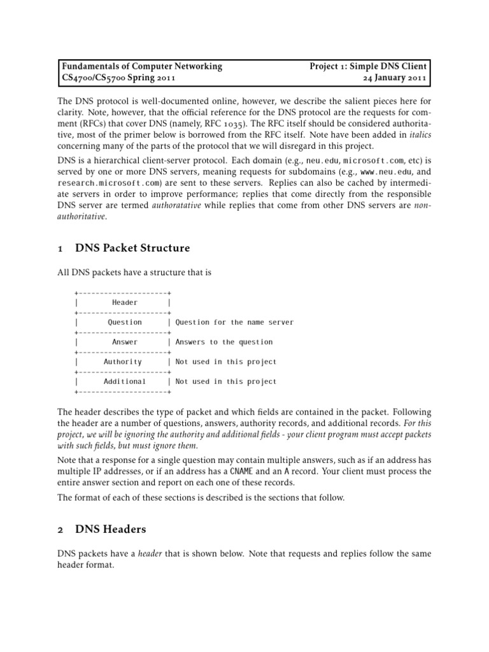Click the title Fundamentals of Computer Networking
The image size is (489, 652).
point(141,66)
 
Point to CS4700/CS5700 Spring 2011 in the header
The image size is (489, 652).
point(118,78)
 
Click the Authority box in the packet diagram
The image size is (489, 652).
point(122,362)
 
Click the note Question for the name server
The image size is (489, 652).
point(234,322)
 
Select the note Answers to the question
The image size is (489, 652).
point(224,342)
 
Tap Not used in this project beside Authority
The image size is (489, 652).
point(226,362)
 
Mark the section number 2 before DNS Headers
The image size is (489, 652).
point(60,528)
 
